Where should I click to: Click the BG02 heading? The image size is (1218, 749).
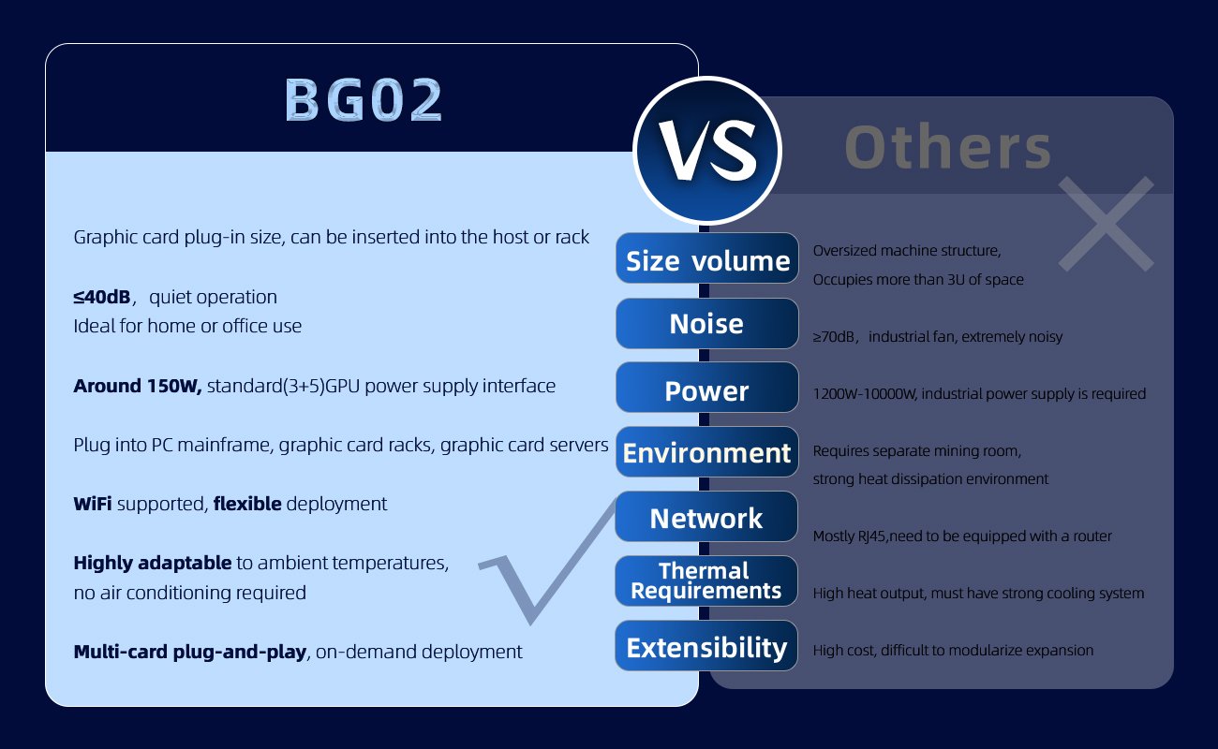364,101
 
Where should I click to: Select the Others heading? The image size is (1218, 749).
948,147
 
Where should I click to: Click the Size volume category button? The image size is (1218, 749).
707,259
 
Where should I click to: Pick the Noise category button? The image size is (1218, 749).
706,324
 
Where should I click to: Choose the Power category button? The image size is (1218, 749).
706,389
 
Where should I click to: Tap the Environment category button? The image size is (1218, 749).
706,453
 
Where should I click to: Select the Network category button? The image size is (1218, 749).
706,518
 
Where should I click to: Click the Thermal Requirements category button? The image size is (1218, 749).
706,581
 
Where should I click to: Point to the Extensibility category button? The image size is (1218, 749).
706,647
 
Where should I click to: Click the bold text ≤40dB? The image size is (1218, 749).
101,298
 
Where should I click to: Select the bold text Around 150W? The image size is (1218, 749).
138,386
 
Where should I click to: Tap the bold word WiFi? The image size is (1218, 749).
93,504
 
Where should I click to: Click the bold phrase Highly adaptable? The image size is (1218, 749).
152,564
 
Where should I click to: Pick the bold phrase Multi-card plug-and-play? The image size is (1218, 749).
190,652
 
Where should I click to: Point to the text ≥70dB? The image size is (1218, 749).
836,337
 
